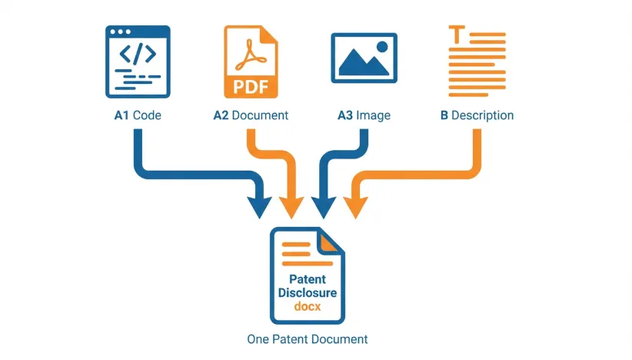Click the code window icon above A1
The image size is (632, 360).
pos(138,62)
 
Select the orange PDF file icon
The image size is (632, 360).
pos(250,62)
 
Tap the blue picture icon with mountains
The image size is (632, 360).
pos(364,58)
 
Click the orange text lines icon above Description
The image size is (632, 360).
pos(476,61)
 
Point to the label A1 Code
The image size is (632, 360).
pos(138,115)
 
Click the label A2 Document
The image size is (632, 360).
pos(251,115)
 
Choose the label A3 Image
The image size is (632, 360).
pos(364,115)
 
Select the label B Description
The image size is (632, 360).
pos(477,115)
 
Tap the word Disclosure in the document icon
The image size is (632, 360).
pos(307,293)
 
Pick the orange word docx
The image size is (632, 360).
pos(307,307)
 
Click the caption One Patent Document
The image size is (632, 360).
pos(307,339)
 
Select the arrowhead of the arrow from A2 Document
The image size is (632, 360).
pos(291,205)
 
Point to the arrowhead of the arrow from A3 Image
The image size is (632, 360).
pos(324,205)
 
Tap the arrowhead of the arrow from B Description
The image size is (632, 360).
pos(355,205)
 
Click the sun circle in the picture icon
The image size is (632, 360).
pos(381,48)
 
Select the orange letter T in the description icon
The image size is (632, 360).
pos(457,34)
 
